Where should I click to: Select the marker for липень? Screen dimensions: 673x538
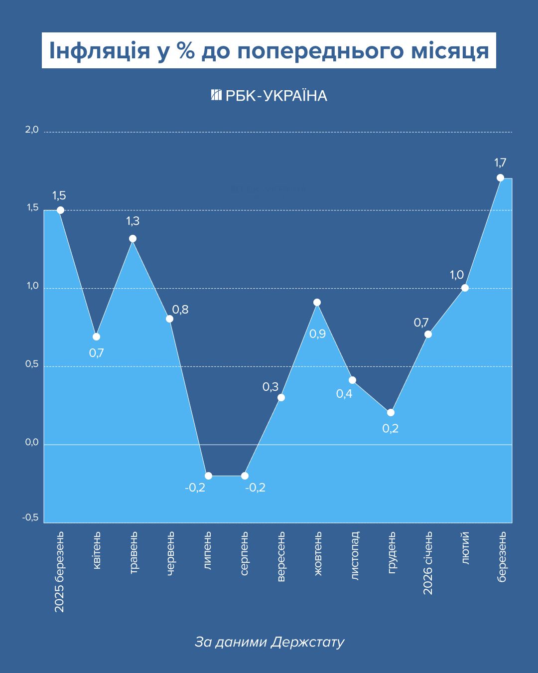[208, 476]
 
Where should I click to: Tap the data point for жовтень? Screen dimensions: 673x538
[317, 302]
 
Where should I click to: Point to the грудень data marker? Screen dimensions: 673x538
[391, 412]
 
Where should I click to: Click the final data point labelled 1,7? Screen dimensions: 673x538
[500, 177]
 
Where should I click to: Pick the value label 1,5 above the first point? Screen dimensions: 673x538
[59, 195]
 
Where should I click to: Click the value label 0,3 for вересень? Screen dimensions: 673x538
[270, 387]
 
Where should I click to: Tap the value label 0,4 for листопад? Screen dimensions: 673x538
[344, 394]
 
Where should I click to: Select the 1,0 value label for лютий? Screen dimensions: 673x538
[457, 275]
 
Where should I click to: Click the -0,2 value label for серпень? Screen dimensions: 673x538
[255, 488]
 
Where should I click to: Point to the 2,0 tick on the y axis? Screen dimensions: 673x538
[32, 130]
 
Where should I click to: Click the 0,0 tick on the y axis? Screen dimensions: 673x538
[32, 442]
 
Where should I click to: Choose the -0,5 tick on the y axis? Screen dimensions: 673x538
[30, 517]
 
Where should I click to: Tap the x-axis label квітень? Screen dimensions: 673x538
[97, 550]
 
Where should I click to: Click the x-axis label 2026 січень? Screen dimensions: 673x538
[428, 563]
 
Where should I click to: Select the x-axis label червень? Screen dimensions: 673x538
[170, 553]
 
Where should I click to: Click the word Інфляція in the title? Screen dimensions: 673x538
[100, 51]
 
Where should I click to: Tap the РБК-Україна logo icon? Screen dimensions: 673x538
[216, 95]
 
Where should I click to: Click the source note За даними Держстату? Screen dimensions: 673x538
[269, 642]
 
